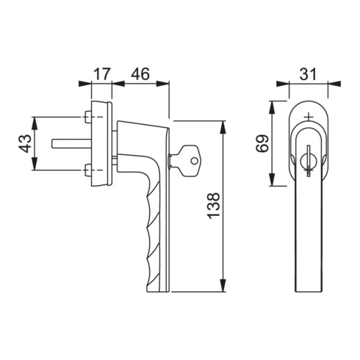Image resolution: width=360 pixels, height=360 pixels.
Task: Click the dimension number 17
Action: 101,74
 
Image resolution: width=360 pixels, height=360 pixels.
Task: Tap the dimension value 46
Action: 140,74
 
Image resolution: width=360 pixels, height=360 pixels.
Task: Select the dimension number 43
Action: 25,144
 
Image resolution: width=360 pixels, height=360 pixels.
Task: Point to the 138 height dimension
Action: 213,206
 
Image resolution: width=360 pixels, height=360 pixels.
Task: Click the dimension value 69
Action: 262,144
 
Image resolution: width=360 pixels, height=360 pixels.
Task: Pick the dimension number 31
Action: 309,74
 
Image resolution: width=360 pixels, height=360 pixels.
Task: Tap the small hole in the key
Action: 194,161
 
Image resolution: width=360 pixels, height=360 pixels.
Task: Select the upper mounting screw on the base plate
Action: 87,117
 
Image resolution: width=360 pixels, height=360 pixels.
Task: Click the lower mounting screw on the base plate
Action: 87,170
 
